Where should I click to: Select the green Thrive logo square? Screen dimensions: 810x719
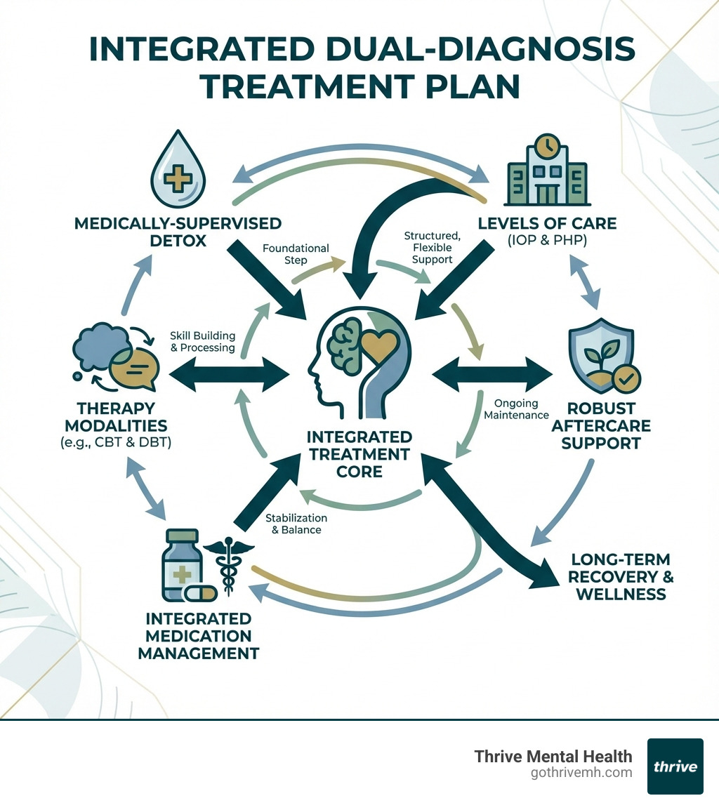coord(675,766)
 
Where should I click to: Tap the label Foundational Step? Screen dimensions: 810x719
coord(295,254)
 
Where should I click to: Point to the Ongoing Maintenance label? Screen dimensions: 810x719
coord(516,409)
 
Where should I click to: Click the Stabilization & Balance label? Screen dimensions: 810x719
coord(293,524)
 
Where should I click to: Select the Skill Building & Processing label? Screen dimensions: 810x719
coord(202,341)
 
